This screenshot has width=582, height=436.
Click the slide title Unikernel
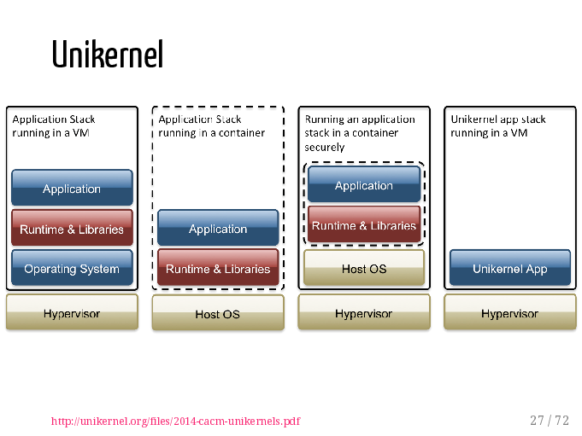[108, 54]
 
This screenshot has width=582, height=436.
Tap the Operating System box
[72, 268]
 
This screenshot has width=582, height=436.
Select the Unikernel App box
[510, 268]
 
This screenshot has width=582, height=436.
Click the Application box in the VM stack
[72, 188]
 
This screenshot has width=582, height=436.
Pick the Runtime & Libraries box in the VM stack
[72, 228]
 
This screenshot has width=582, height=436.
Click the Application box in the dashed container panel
[218, 228]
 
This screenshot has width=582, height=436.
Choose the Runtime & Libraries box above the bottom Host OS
[218, 267]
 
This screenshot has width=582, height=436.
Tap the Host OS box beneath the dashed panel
[218, 312]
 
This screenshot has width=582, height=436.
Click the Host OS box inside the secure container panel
[364, 268]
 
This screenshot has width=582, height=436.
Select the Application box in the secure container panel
[364, 184]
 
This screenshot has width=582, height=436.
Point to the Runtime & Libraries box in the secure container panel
[364, 224]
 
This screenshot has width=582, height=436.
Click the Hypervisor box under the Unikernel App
[510, 312]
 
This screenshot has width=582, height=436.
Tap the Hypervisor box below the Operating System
[72, 312]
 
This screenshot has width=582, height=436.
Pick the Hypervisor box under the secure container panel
[364, 312]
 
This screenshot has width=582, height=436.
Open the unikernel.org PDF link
[175, 421]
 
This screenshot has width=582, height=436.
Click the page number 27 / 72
[550, 421]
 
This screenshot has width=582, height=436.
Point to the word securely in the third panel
[325, 148]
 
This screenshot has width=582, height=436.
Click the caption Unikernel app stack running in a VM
[498, 126]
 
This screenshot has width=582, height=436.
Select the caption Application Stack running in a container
[212, 126]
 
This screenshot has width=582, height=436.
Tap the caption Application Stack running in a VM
[54, 126]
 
